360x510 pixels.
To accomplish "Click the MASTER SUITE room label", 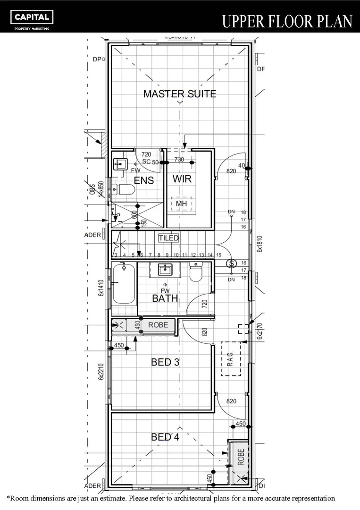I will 179,93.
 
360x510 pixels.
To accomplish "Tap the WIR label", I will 181,179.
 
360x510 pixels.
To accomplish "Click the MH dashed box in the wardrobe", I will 181,204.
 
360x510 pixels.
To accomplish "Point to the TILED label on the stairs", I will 168,238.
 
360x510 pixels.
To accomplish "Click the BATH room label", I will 165,298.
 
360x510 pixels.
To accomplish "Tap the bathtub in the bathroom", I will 124,284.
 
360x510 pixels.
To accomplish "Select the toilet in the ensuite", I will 125,190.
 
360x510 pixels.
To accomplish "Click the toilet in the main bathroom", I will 196,272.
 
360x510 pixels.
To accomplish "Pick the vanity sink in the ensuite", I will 121,164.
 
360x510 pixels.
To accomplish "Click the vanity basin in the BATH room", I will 164,270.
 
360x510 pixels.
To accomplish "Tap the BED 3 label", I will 165,362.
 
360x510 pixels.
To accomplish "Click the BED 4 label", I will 165,437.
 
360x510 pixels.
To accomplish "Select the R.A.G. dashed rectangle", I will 231,358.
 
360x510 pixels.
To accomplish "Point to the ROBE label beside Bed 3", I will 158,325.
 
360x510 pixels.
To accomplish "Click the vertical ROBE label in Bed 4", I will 241,457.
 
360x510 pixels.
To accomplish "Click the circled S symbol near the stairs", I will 231,263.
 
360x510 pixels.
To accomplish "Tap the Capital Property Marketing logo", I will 32,19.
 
